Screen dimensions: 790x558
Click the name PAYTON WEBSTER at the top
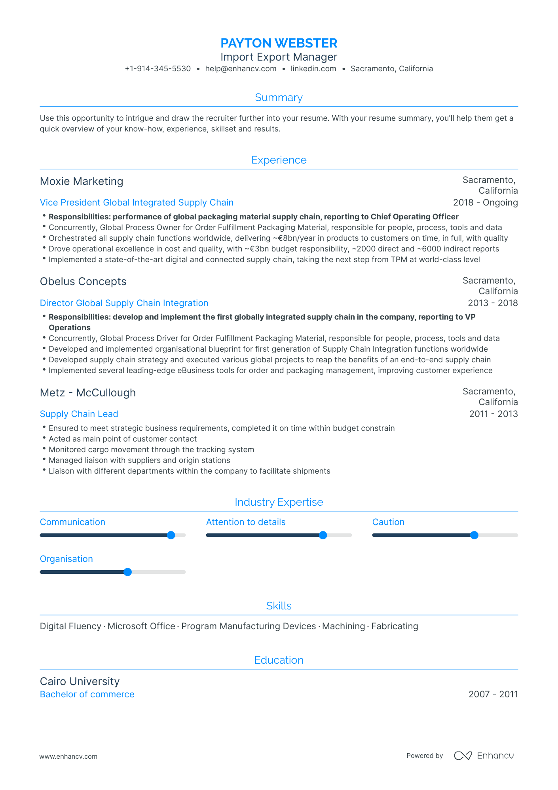(x=279, y=43)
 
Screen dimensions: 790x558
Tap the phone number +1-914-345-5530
(x=158, y=69)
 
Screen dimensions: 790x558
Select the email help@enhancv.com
(x=241, y=69)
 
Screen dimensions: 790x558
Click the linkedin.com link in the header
(x=313, y=69)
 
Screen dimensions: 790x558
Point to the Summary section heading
(x=279, y=97)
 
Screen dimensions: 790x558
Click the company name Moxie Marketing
(x=82, y=181)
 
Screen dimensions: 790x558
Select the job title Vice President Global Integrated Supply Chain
(x=137, y=203)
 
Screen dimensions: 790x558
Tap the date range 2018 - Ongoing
(x=485, y=203)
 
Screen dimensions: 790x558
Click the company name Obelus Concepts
(x=83, y=282)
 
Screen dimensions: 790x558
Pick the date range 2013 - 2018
(x=492, y=303)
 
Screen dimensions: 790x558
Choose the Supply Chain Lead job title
(x=79, y=414)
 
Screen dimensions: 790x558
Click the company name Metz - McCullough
(x=88, y=393)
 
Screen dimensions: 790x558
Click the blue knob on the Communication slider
(x=171, y=535)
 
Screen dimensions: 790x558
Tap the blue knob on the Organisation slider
(x=127, y=572)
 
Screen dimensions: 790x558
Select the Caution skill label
(x=388, y=522)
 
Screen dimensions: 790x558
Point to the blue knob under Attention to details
(x=323, y=535)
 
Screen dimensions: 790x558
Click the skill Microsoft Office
(x=141, y=626)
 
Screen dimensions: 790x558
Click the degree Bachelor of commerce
(x=87, y=695)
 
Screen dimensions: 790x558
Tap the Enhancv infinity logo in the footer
(x=463, y=756)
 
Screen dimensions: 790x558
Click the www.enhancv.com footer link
(x=68, y=757)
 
